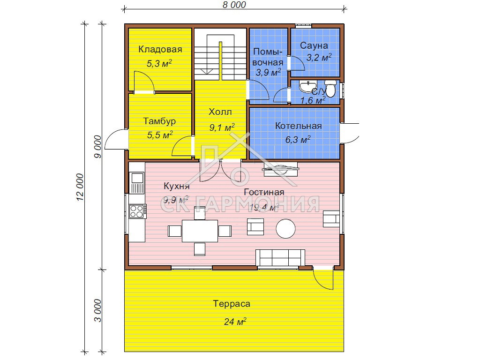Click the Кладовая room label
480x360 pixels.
pos(160,49)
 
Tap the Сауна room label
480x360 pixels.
pos(314,45)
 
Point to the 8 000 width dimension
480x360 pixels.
pos(234,5)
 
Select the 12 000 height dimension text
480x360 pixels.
pos(80,187)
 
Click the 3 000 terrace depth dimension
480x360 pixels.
pos(97,310)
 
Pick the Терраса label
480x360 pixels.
pos(232,304)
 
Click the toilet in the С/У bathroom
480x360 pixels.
pos(330,88)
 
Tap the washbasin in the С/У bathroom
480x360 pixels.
pos(308,86)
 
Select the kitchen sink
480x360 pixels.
pos(137,183)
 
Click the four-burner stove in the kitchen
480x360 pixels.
pos(137,211)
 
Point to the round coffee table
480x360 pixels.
pos(285,229)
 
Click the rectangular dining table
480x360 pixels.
pos(200,231)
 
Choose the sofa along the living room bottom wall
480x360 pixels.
pos(280,258)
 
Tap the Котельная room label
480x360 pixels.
pos(298,126)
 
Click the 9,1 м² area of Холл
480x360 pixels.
pos(222,127)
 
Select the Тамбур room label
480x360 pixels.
pos(159,121)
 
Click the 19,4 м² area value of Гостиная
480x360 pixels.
pos(263,207)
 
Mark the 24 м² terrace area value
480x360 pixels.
pos(235,322)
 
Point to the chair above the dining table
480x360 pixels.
pos(200,213)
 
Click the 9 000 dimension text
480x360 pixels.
pos(97,147)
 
